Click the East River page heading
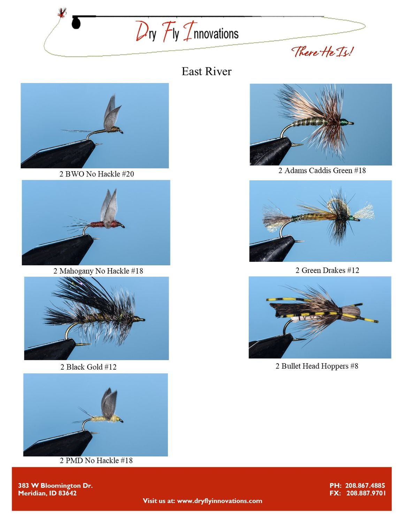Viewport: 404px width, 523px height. tap(206, 71)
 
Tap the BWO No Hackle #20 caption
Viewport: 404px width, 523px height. tap(97, 174)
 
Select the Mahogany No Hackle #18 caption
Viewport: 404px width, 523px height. tap(98, 271)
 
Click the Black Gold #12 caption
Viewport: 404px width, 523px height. tap(89, 367)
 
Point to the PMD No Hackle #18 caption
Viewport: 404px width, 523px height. tap(96, 461)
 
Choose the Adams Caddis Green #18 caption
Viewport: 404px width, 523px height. tap(322, 170)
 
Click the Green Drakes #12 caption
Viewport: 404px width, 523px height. tap(327, 270)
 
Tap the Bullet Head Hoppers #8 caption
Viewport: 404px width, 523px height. tap(317, 366)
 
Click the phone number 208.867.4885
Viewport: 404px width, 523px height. tap(365, 485)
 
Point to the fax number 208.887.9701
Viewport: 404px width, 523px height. tap(366, 493)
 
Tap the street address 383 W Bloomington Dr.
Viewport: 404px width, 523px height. tap(55, 485)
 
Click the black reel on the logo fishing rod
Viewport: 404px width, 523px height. tap(76, 23)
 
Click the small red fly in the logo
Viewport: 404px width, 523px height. tap(62, 13)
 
